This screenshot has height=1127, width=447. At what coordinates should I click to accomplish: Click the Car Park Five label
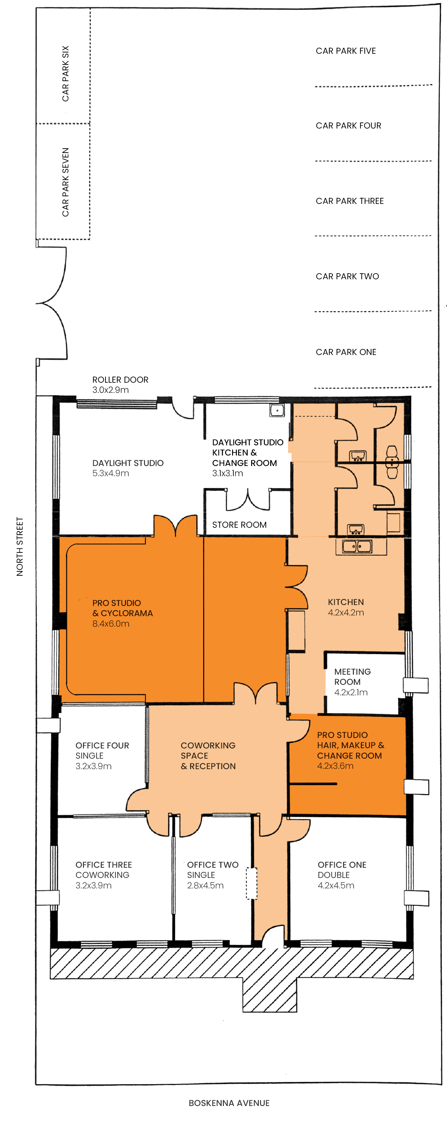tap(346, 51)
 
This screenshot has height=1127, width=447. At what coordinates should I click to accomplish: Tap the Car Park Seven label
tap(65, 182)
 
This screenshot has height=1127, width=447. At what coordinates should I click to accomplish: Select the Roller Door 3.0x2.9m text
tap(120, 385)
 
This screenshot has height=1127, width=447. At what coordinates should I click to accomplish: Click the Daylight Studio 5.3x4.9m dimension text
tap(111, 473)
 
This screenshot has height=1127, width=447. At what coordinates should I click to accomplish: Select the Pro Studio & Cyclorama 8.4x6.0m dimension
tap(111, 623)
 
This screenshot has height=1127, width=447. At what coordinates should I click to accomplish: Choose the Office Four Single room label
tap(102, 750)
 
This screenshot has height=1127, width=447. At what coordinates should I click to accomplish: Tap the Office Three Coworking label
tap(103, 870)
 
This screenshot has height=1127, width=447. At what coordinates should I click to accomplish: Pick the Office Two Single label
tap(213, 870)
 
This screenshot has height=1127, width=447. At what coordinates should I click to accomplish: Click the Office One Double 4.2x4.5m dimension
tap(336, 885)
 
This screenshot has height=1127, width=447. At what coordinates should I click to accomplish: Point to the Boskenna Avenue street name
tap(229, 1103)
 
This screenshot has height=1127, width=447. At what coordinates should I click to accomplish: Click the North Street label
tap(20, 546)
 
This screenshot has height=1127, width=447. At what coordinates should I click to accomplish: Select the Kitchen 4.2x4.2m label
tap(346, 607)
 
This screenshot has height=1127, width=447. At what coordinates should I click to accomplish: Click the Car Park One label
tap(346, 352)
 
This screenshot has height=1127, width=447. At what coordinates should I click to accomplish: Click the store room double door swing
tap(248, 501)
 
